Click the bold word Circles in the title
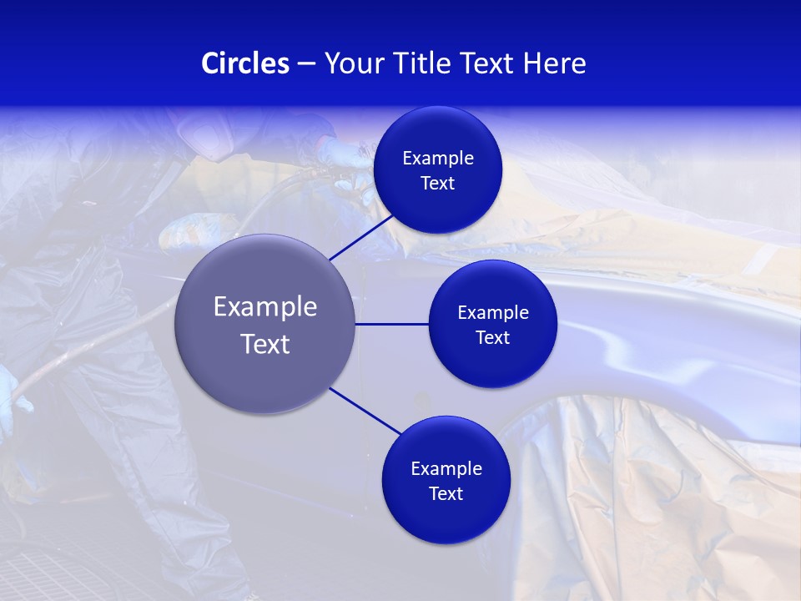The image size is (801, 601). click(244, 63)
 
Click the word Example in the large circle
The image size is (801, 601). click(265, 307)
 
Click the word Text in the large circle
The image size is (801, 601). click(265, 344)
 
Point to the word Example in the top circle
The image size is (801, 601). click(437, 158)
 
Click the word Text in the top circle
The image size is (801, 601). click(437, 183)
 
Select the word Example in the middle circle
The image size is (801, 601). click(492, 312)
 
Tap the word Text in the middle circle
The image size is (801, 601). click(492, 337)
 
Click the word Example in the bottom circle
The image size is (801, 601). click(446, 468)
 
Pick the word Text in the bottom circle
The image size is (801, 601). click(446, 493)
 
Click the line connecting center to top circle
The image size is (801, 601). click(362, 236)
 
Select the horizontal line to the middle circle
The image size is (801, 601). click(392, 324)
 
